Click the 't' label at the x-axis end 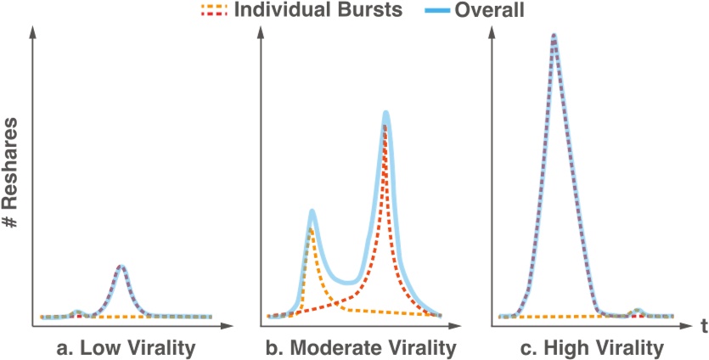point(703,325)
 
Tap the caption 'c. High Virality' point(589,348)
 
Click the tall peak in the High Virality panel point(554,37)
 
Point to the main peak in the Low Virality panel point(121,267)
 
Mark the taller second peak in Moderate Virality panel point(385,114)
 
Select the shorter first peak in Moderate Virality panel point(312,212)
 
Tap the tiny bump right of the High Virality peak point(637,311)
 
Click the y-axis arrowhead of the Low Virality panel point(33,32)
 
